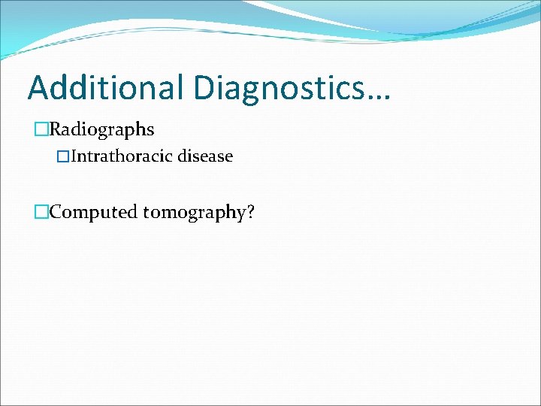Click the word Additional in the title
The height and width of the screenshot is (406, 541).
[x=106, y=87]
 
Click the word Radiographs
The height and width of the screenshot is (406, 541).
[x=101, y=129]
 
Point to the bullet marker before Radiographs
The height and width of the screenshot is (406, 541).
[x=42, y=129]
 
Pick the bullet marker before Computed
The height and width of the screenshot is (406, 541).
[x=42, y=212]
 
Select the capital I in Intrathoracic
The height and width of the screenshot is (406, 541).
[x=74, y=156]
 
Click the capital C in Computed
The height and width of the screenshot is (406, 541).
[x=56, y=212]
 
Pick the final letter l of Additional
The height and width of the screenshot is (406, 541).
[x=182, y=87]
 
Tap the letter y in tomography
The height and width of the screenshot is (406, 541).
[x=240, y=215]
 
